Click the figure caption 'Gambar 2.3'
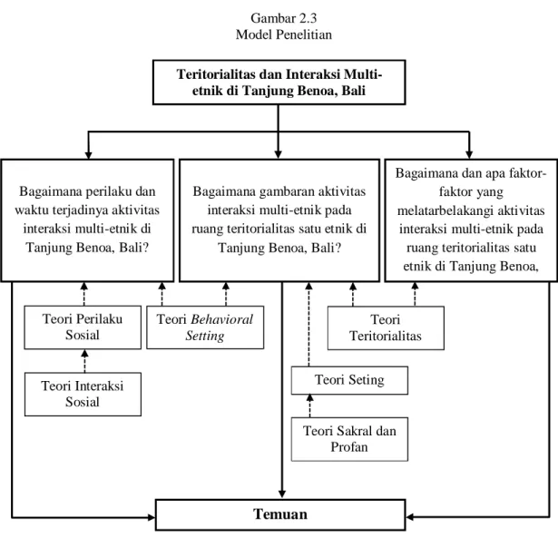coord(284,18)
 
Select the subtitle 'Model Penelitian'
coord(284,34)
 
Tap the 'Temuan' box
coord(280,514)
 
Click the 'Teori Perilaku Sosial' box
coord(83,327)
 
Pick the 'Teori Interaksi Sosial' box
coord(83,394)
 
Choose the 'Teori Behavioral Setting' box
coord(205,327)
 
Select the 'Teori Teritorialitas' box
coord(386,327)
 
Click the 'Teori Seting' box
coord(349,380)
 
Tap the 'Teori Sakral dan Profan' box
coord(349,439)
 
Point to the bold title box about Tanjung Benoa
coord(279,83)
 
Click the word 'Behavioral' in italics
coord(221,319)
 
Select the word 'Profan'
coord(349,446)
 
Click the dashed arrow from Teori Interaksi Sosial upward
coord(84,361)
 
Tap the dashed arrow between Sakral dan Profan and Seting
coord(310,405)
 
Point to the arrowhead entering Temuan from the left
coord(152,517)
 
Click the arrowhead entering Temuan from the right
coord(409,517)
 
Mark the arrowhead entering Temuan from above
coord(282,494)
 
